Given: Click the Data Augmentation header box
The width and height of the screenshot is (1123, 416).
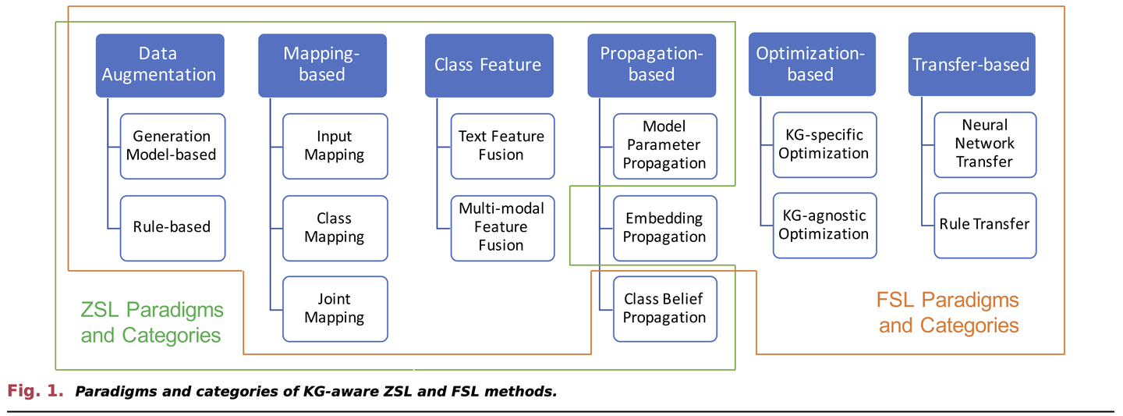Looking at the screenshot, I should click(x=159, y=65).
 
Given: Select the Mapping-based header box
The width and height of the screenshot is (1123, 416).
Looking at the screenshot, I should click(x=322, y=65).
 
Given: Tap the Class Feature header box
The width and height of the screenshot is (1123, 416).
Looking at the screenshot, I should click(x=488, y=65).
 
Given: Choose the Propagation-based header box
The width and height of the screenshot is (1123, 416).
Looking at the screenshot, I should click(x=651, y=65).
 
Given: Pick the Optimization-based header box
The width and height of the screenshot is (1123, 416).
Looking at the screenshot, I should click(x=810, y=65).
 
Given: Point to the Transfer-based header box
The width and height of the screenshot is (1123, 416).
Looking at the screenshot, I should click(x=972, y=65).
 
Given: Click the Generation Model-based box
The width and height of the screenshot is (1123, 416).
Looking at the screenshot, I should click(x=172, y=145).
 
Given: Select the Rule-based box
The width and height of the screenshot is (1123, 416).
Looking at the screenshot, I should click(x=172, y=227).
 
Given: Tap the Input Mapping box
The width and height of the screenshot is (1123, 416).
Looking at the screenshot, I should click(x=335, y=146).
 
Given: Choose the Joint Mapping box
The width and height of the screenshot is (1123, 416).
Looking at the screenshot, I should click(x=335, y=308).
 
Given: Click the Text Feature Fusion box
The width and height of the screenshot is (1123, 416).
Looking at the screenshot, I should click(x=501, y=146).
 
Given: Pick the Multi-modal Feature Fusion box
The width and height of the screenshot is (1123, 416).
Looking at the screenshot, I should click(x=501, y=227).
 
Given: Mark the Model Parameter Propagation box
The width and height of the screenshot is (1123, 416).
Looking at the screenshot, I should click(x=664, y=145).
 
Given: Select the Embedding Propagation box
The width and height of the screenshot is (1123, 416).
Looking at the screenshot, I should click(x=664, y=227).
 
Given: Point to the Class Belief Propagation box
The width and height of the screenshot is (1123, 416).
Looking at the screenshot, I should click(x=664, y=308).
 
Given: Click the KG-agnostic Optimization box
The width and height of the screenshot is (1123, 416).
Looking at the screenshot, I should click(x=824, y=225).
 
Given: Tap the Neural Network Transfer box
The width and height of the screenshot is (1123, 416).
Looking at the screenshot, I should click(x=985, y=144).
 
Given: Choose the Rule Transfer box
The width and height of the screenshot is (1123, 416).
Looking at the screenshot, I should click(x=985, y=225).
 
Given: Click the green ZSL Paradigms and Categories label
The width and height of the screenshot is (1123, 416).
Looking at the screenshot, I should click(x=152, y=322).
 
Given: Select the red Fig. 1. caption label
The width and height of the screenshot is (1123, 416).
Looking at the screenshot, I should click(x=36, y=391).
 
